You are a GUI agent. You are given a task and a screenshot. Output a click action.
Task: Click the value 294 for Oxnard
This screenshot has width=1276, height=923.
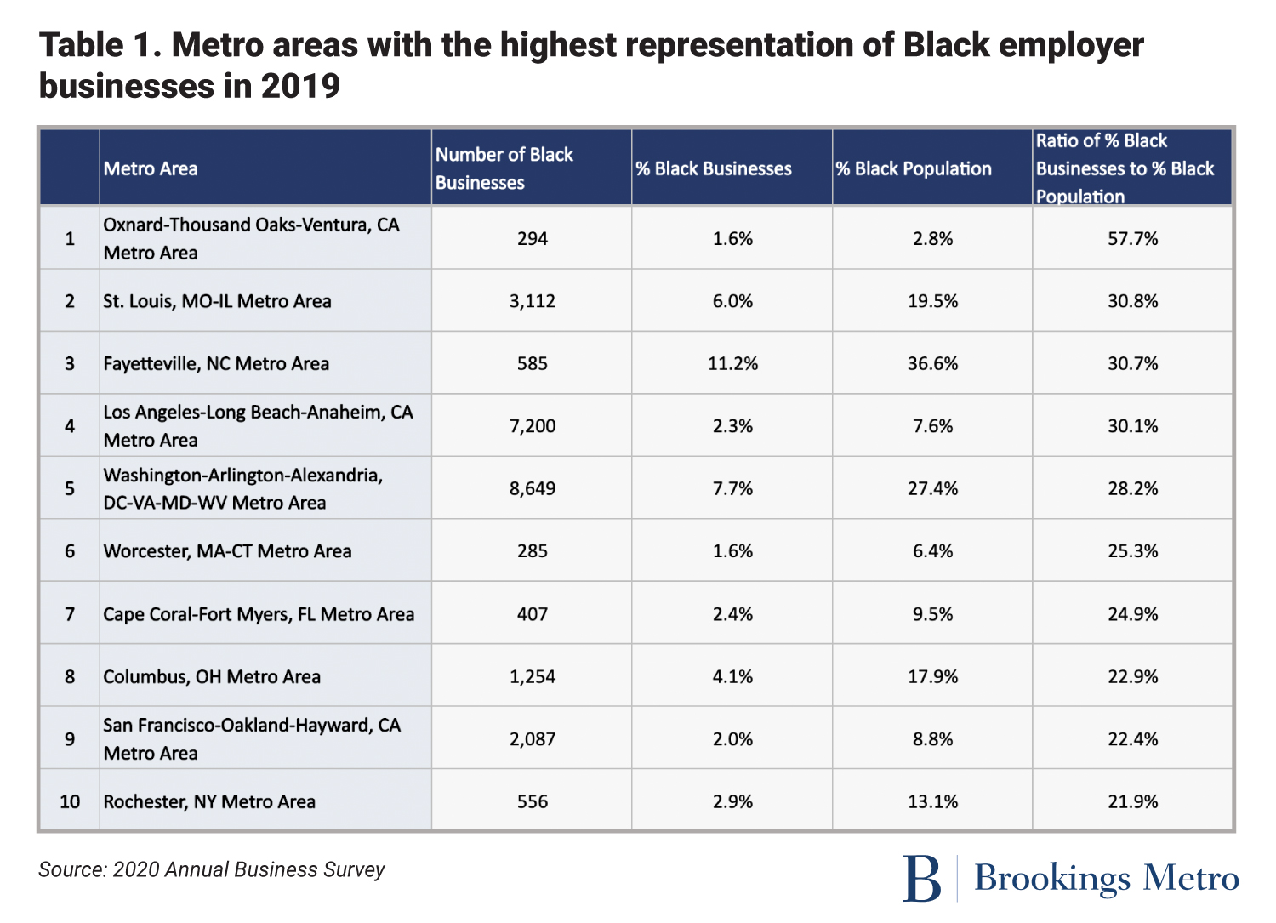coord(532,239)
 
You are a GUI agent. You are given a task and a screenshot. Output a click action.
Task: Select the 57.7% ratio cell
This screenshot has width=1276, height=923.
coord(1132,239)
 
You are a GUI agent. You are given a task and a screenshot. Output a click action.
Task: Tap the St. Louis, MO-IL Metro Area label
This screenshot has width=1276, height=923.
coord(217,301)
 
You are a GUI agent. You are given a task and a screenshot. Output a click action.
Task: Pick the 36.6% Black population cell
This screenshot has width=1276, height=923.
coord(932,364)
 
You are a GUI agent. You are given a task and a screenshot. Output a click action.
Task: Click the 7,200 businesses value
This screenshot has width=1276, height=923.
coord(532,426)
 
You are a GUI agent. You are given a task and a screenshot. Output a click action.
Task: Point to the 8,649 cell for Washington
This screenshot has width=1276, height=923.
coord(532,489)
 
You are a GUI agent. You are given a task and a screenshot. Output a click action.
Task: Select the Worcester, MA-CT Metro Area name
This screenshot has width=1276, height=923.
coord(227,551)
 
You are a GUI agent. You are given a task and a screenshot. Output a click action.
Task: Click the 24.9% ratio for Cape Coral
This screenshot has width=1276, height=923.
coord(1132,614)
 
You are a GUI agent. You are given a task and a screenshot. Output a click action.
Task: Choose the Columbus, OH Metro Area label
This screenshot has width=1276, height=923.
coord(212,677)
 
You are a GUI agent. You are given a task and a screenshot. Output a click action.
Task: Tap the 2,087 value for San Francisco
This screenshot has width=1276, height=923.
coord(532,739)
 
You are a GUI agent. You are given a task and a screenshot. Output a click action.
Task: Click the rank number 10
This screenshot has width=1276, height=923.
coord(70,802)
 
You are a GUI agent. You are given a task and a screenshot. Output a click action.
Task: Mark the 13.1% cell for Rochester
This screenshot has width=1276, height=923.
coord(932,802)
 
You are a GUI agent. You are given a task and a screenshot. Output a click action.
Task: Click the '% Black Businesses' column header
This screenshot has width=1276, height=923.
coord(713,169)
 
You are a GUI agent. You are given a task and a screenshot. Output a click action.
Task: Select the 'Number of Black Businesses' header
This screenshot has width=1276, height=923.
coord(504,168)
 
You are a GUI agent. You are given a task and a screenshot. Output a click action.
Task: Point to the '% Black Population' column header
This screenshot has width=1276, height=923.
coord(913,169)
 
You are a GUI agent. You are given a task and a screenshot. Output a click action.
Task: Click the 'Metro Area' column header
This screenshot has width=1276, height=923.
coord(151,169)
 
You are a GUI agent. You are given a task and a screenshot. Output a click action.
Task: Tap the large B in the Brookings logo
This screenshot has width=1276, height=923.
coord(922,879)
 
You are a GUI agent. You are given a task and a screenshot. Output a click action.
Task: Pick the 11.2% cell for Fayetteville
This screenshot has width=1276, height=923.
coord(732,364)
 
